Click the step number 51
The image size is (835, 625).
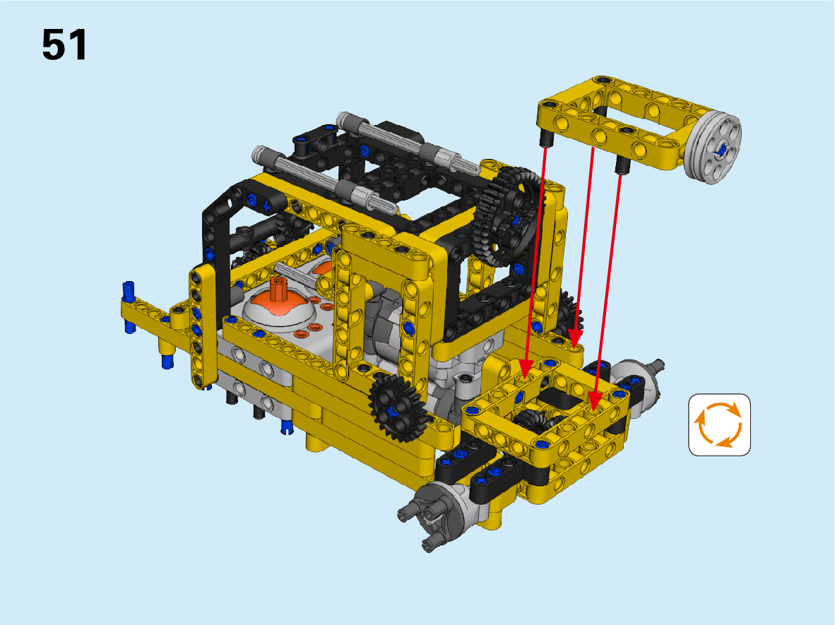click(64, 44)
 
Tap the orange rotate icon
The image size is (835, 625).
click(719, 425)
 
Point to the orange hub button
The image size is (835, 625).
click(277, 309)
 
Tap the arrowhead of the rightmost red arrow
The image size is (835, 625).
click(596, 401)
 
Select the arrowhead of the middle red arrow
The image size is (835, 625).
click(574, 338)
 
